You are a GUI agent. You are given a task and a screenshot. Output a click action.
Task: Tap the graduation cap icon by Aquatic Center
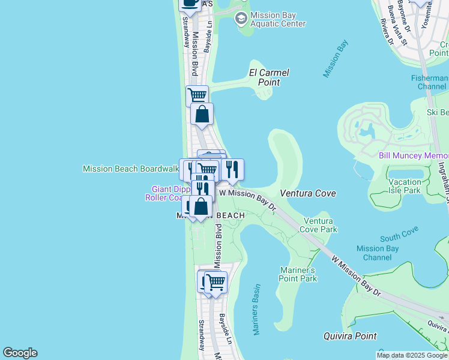point(241,19)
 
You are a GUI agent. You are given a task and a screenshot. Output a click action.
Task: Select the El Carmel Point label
point(269,77)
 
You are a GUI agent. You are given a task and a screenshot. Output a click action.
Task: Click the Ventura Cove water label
point(307,193)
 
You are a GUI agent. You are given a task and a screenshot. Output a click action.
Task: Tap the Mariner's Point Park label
point(298,274)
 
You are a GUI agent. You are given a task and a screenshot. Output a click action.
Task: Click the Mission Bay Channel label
point(373,253)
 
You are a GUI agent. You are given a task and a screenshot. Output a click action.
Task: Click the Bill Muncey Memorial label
point(414,155)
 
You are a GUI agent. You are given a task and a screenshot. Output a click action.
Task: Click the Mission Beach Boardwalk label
point(130,169)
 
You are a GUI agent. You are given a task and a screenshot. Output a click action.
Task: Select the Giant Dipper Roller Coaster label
point(167,193)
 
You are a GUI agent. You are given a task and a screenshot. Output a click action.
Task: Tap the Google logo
point(20,353)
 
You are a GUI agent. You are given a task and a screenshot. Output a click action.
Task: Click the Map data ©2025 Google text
point(412,355)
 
